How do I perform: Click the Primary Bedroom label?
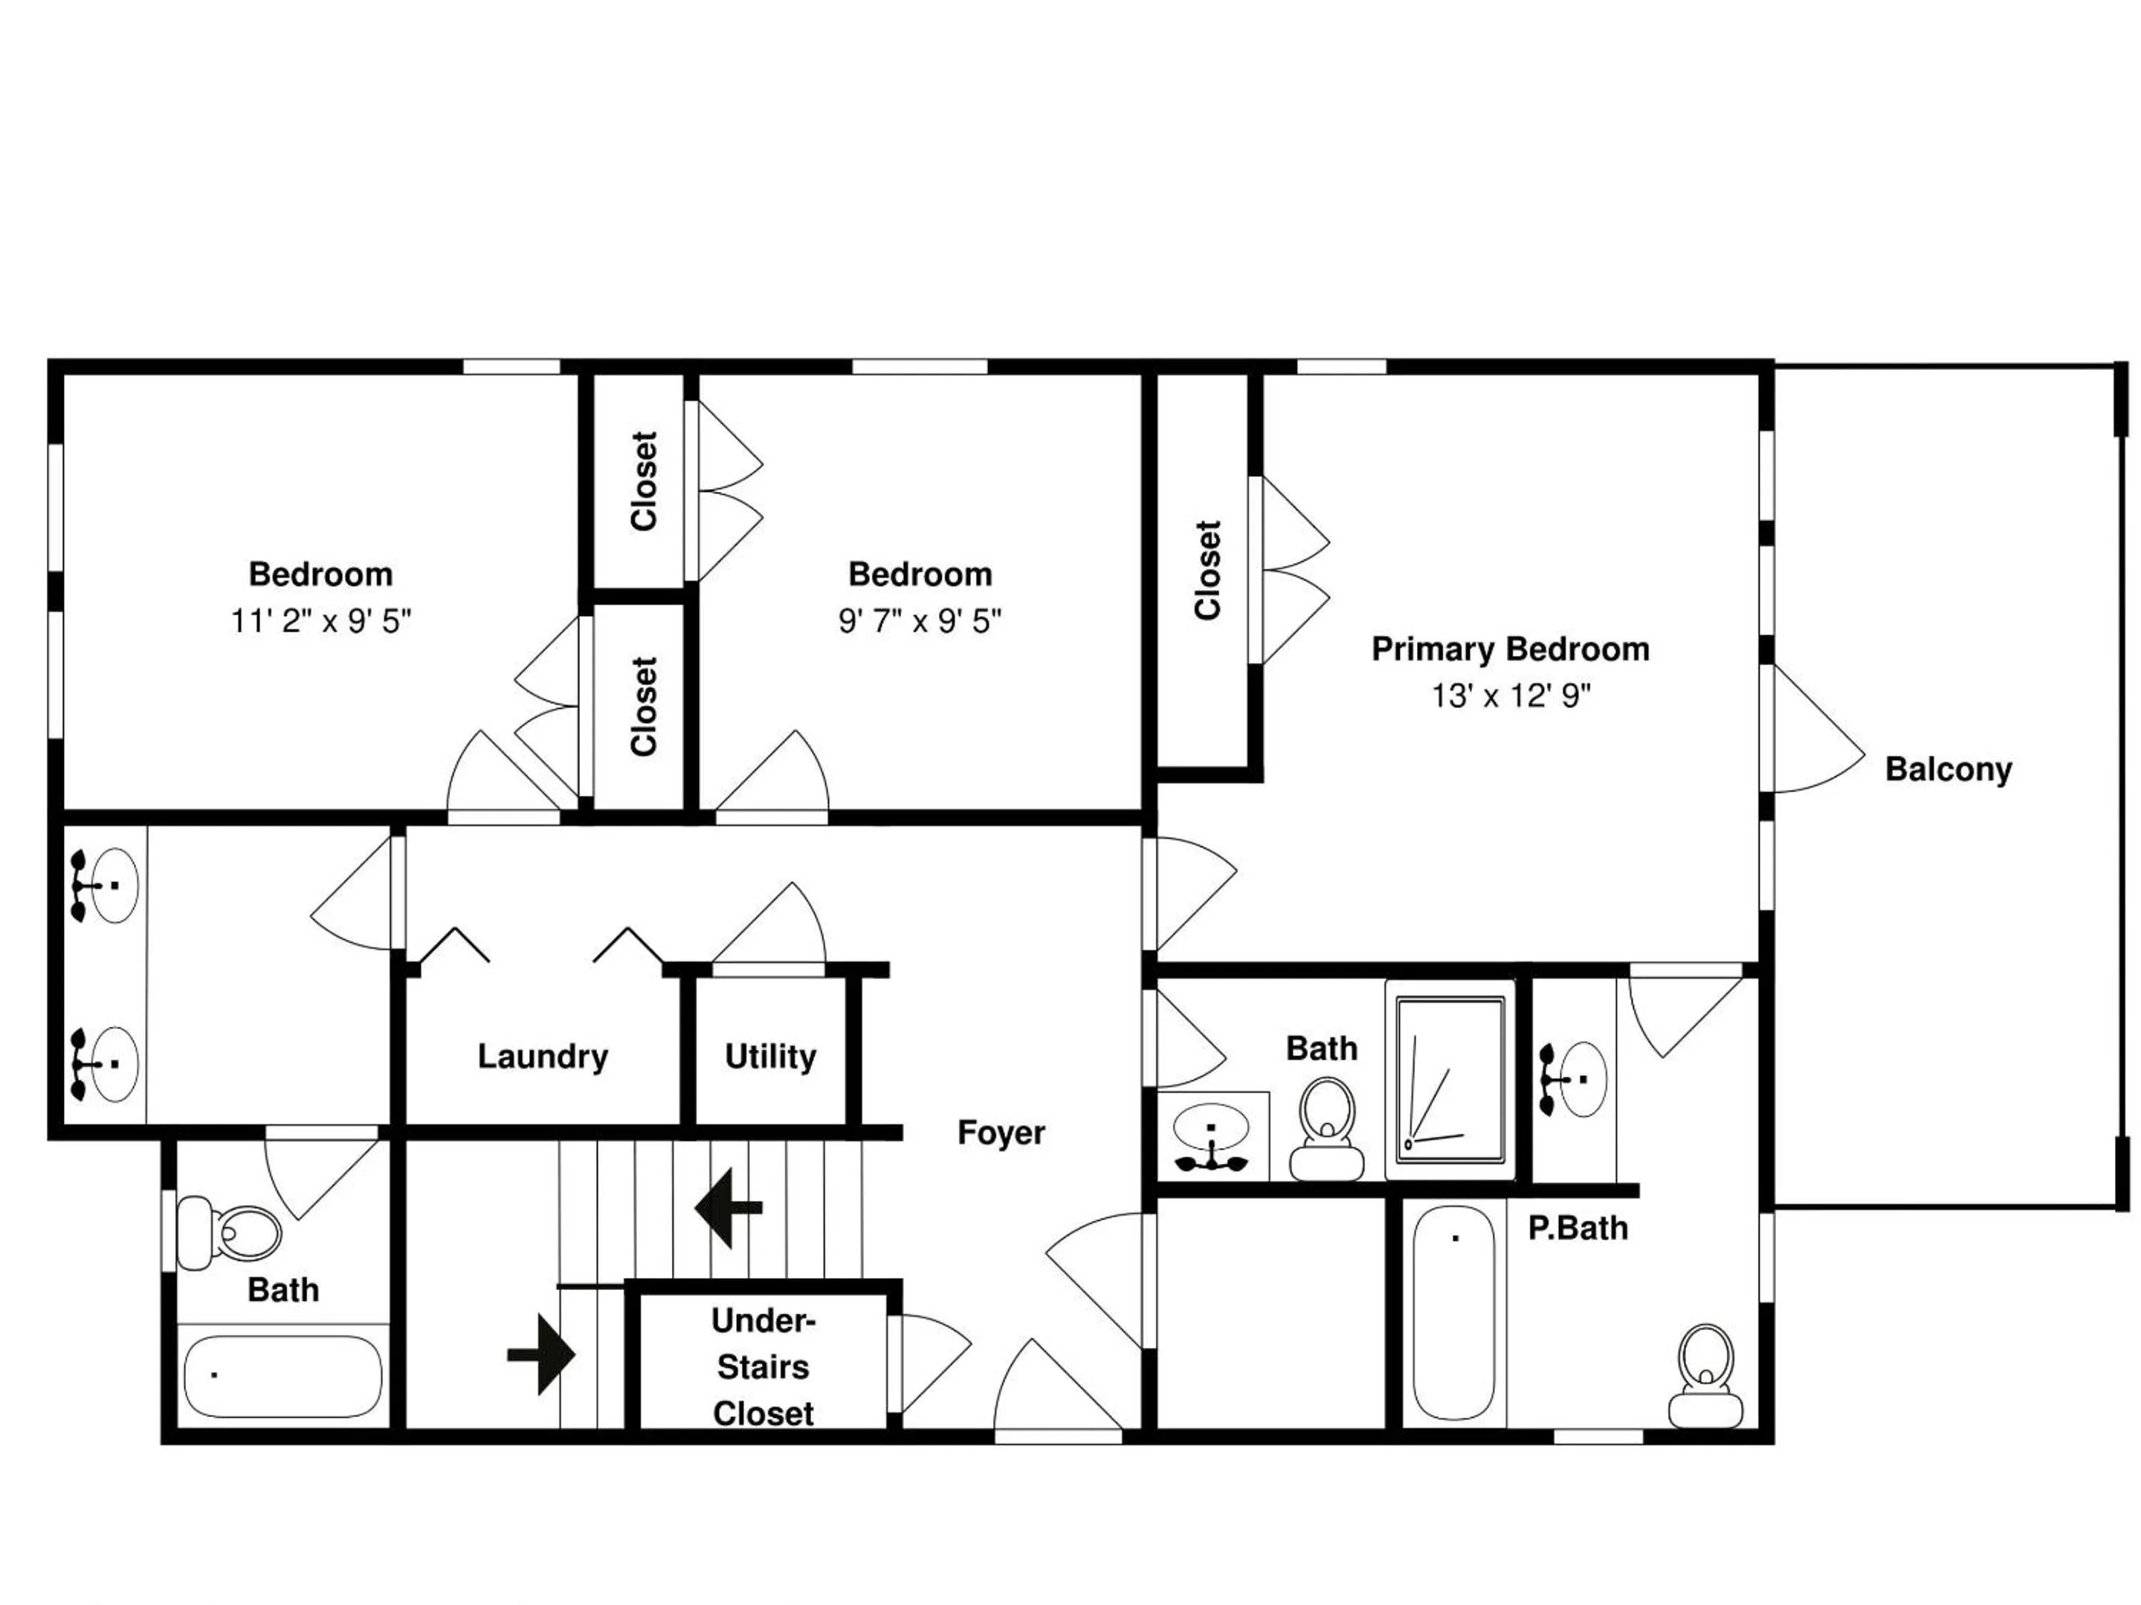[x=1510, y=649]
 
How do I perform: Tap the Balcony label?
[x=1948, y=770]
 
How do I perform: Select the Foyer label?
[x=1001, y=1133]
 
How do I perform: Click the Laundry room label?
[x=543, y=1057]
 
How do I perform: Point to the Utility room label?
[x=770, y=1057]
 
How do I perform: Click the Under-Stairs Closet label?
[x=763, y=1367]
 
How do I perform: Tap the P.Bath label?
[x=1578, y=1229]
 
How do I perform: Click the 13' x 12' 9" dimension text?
[x=1511, y=695]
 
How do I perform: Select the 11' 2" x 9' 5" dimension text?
[x=321, y=621]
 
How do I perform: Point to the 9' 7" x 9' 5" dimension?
[x=920, y=621]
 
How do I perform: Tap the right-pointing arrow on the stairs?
[x=541, y=1355]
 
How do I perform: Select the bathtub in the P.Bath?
[x=1454, y=1313]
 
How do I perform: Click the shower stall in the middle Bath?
[x=1450, y=1080]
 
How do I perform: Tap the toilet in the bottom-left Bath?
[x=230, y=1233]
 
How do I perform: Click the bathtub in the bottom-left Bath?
[x=282, y=1377]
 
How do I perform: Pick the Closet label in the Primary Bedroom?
[x=1208, y=570]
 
